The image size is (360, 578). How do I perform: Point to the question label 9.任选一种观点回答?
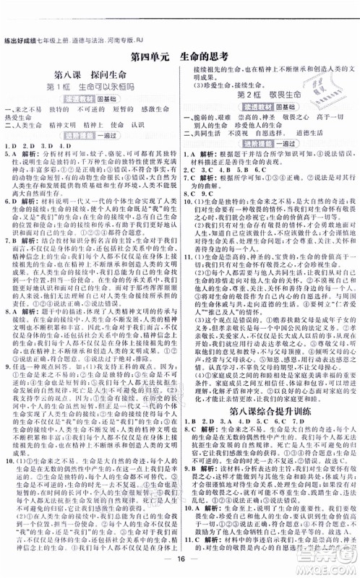(x=43, y=366)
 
